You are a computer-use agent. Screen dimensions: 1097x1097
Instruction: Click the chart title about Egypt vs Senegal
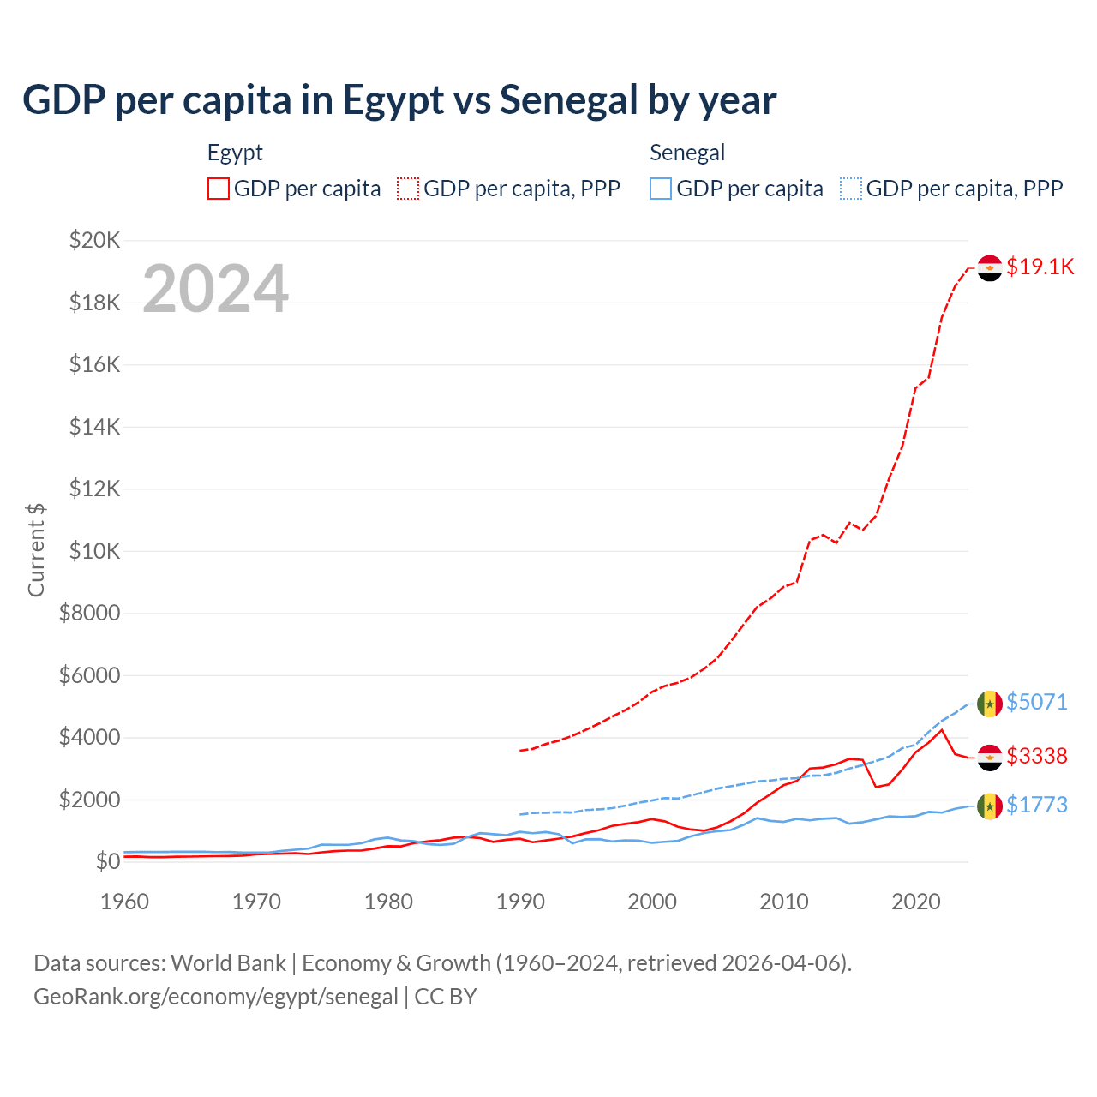coord(399,99)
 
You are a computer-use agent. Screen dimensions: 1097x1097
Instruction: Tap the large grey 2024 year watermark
coord(215,288)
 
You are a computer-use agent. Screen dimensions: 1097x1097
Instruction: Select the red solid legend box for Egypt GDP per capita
coord(219,189)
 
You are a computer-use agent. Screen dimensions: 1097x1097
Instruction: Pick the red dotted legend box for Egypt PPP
coord(408,189)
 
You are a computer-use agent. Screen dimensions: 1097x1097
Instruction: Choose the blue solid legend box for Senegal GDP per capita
coord(661,189)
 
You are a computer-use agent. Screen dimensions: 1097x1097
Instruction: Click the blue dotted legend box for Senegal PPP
coord(851,189)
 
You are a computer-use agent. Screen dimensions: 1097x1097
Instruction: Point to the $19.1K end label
coord(1040,267)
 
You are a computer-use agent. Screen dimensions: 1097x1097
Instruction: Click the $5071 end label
coord(1037,702)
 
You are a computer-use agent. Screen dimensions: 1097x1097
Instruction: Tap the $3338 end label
coord(1037,756)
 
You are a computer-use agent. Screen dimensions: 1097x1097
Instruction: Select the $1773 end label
coord(1037,805)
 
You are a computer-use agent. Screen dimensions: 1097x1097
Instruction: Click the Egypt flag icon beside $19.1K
coord(990,267)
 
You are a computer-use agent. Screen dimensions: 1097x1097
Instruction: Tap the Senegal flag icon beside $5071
coord(990,704)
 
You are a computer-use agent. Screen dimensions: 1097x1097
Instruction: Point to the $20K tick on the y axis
coord(94,240)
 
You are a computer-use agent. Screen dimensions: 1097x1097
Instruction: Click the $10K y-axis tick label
coord(94,551)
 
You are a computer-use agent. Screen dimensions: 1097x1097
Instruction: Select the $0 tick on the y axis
coord(107,861)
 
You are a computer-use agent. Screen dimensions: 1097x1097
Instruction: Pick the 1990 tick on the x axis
coord(520,902)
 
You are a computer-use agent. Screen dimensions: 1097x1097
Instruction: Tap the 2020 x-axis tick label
coord(916,902)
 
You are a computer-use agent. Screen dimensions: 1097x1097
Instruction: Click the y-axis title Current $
coord(36,549)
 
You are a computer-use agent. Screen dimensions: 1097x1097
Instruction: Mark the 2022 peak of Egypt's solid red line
coord(942,730)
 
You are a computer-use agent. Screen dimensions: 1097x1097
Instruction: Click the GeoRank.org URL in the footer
coord(216,997)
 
